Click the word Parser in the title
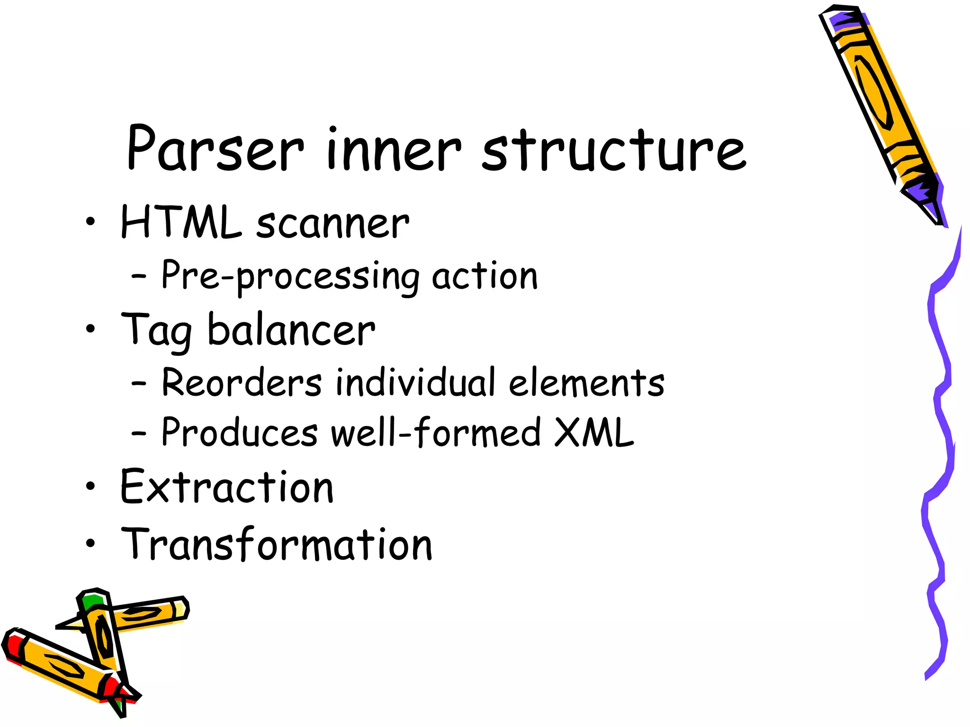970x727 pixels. pos(215,149)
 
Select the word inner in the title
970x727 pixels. pos(394,150)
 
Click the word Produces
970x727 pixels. pos(240,433)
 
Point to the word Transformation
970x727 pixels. pos(277,544)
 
